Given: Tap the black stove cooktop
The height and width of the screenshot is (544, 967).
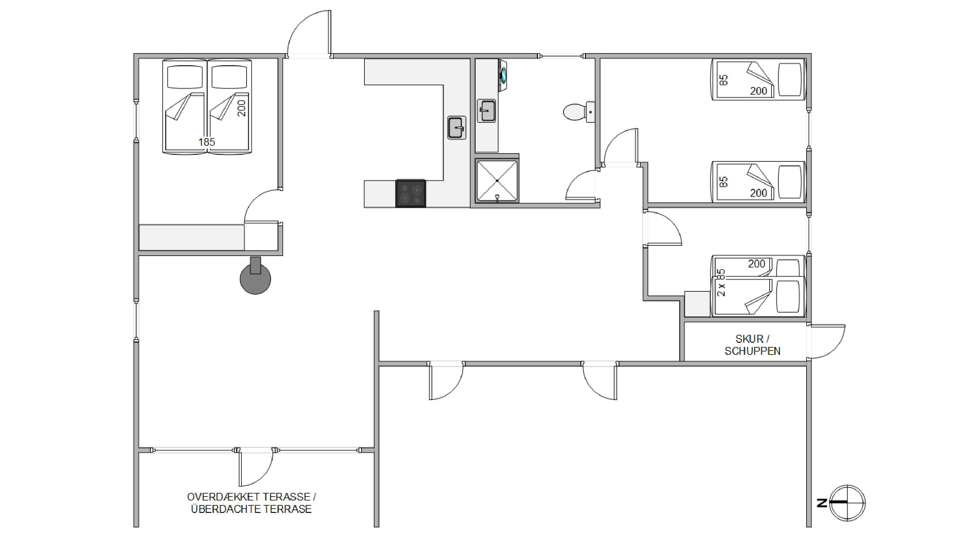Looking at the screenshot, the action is pyautogui.click(x=411, y=193).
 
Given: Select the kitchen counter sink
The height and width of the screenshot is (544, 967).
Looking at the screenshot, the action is pyautogui.click(x=457, y=128).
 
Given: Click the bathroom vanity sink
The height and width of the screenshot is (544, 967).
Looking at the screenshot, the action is pyautogui.click(x=487, y=111).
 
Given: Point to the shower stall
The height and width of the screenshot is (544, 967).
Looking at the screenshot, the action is pyautogui.click(x=497, y=181).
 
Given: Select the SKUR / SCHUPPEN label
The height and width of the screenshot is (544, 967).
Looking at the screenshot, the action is pyautogui.click(x=752, y=345).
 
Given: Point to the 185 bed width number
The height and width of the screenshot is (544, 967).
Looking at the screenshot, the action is pyautogui.click(x=206, y=142).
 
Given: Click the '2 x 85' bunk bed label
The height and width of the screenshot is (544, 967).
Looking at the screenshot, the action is pyautogui.click(x=721, y=283).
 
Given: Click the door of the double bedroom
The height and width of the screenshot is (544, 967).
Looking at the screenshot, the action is pyautogui.click(x=262, y=206).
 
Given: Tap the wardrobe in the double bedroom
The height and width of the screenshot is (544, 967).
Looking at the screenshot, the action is pyautogui.click(x=192, y=238).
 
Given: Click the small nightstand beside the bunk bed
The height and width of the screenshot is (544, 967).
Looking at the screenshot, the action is pyautogui.click(x=698, y=304).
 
